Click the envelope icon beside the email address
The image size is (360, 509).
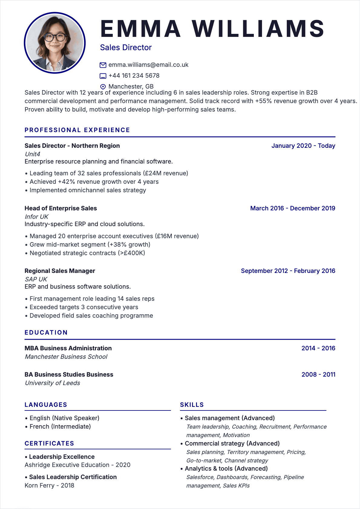103,65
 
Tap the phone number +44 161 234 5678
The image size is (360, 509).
134,76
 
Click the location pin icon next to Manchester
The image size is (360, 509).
103,86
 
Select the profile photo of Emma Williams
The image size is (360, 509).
55,43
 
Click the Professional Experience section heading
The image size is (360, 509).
77,130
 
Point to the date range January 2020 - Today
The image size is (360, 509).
303,146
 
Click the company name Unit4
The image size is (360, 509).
32,154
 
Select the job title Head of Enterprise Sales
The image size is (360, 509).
61,208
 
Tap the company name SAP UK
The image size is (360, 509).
36,279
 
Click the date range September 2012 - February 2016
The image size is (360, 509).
288,271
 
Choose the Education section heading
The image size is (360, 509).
46,332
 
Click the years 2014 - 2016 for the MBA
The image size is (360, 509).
318,348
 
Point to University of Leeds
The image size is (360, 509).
53,383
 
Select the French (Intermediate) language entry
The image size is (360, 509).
60,426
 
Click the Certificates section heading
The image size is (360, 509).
49,443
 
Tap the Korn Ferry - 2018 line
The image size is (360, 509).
49,485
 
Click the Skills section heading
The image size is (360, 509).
192,405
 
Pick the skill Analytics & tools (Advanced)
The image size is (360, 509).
226,468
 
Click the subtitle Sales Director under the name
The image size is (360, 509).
126,47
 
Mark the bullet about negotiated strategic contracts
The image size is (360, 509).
87,253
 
